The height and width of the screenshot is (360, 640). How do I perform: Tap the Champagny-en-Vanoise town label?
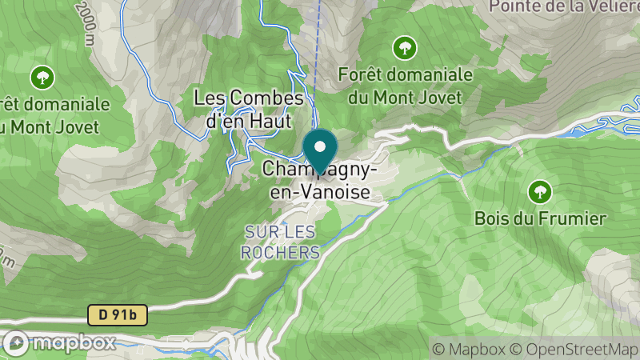point(317,181)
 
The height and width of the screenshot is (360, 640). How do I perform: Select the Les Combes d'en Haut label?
point(250,109)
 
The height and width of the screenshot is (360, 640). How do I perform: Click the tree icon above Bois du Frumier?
point(540,191)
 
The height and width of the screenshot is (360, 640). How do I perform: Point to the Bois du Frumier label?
point(540,218)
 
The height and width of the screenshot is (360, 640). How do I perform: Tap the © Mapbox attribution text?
point(469,349)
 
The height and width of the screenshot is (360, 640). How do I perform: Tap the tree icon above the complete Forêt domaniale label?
point(405,48)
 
